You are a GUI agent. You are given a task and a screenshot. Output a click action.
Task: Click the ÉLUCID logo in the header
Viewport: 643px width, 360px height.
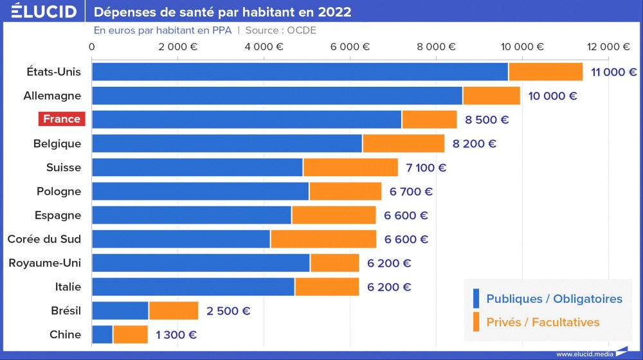coord(44,12)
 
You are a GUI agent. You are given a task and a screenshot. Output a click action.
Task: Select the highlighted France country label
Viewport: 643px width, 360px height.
coord(62,119)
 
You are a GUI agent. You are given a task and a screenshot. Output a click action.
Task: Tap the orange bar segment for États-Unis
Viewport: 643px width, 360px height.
coord(545,72)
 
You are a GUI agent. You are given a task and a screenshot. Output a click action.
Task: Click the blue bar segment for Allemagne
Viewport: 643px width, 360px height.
coord(277,96)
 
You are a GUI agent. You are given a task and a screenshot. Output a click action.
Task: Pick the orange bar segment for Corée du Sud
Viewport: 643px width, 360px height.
coord(323,239)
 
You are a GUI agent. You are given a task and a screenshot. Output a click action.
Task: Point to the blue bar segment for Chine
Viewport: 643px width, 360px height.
coord(102,334)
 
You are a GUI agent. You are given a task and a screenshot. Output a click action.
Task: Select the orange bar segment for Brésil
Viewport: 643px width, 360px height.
coord(174,310)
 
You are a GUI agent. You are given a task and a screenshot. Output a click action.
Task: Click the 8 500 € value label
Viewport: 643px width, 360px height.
coord(487,120)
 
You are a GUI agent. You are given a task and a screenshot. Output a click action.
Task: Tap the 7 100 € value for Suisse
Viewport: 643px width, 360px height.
coord(426,168)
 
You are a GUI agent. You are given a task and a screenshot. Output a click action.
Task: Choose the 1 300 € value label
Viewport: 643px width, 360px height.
coord(176,334)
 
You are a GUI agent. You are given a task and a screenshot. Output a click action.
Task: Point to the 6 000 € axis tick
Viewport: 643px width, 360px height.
coord(349,46)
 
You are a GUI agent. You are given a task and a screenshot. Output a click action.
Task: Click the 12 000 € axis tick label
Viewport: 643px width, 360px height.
coord(608,46)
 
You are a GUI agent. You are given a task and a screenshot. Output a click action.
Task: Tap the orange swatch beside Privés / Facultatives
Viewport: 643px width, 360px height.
coord(476,322)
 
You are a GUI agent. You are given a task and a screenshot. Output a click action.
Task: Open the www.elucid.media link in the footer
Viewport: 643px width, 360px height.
coord(584,354)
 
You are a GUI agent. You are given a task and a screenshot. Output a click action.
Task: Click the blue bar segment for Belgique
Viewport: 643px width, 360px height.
coord(227,143)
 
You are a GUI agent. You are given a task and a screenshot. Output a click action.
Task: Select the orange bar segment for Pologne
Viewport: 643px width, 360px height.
coord(345,192)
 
